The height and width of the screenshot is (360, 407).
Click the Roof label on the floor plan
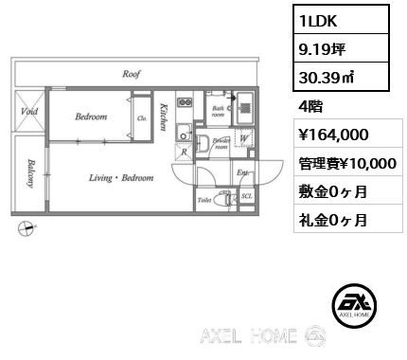pyautogui.click(x=131, y=73)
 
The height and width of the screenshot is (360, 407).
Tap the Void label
pyautogui.click(x=28, y=111)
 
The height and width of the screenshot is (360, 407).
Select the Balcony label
pyautogui.click(x=31, y=172)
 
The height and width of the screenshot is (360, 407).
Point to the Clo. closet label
pyautogui.click(x=141, y=118)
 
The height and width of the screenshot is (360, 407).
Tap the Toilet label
pyautogui.click(x=203, y=201)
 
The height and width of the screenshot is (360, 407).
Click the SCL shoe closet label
pyautogui.click(x=246, y=196)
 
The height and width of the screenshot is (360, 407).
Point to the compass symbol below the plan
pyautogui.click(x=27, y=227)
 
